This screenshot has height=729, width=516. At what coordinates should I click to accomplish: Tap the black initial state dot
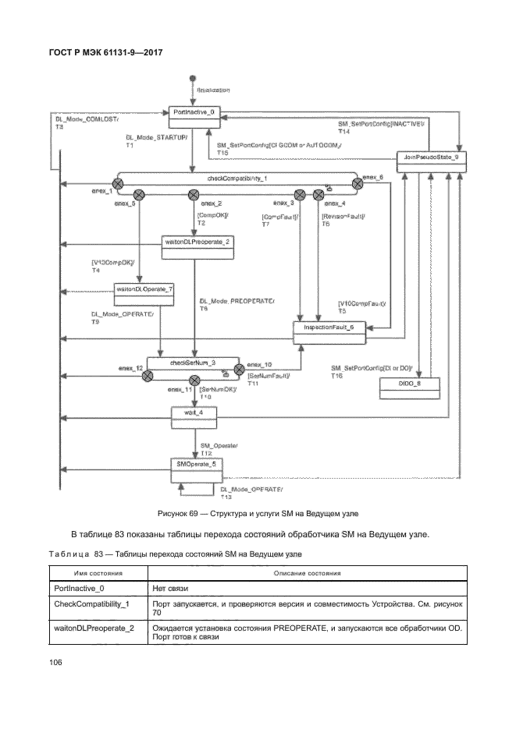[x=192, y=79]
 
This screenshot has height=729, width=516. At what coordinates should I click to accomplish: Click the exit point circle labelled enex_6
[x=357, y=184]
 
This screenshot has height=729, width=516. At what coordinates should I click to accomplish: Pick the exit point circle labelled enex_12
[x=146, y=377]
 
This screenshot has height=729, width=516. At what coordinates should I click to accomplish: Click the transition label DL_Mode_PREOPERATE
[x=238, y=301]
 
